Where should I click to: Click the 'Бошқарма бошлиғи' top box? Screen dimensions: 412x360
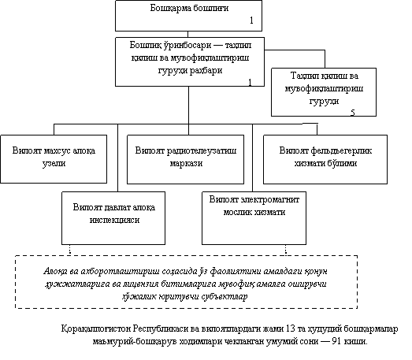pos(188,16)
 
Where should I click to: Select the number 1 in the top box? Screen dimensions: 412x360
pos(251,20)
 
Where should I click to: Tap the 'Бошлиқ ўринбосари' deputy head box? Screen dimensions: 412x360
pos(190,61)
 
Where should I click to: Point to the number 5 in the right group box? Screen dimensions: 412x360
pos(353,113)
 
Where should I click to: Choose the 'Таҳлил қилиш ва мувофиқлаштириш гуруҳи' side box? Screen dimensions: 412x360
pos(324,92)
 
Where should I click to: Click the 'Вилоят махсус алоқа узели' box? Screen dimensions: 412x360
pos(54,159)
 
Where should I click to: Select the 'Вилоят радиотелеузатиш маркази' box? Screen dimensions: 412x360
pos(185,159)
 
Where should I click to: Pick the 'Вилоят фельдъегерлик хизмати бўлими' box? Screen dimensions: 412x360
pos(325,159)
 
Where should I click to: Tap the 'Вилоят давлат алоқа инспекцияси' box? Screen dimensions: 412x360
pos(113,218)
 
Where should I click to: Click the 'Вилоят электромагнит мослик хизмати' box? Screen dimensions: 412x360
pos(254,218)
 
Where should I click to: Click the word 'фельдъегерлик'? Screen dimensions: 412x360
pos(341,150)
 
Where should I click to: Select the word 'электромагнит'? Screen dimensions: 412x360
pos(270,200)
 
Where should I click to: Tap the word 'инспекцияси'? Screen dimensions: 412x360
pos(114,220)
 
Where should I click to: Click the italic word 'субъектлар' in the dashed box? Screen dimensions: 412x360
pos(225,297)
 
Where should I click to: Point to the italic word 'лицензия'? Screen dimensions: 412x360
pos(140,284)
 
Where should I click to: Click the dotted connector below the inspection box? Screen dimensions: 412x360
pos(70,251)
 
